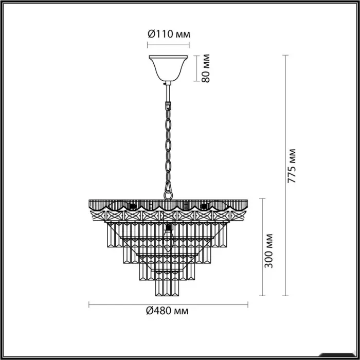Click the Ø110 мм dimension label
(x=169, y=34)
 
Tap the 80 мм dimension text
(x=206, y=68)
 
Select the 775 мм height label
(x=292, y=166)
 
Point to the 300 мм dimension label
(x=268, y=251)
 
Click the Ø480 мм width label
(x=167, y=311)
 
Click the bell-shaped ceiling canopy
(x=168, y=68)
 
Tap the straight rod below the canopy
(x=168, y=94)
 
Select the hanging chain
(x=168, y=149)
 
